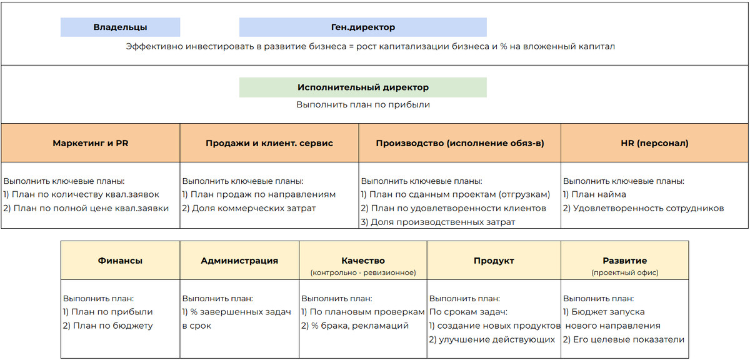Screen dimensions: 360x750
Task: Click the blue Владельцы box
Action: tap(120, 27)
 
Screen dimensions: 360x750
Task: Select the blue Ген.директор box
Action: tap(362, 27)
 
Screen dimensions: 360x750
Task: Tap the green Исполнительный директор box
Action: tap(362, 87)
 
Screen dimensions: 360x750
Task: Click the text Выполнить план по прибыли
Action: tap(362, 105)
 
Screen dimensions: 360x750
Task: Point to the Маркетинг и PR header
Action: tap(91, 143)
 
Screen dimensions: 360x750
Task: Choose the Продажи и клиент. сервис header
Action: tap(269, 143)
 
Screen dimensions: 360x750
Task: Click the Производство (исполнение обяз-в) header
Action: tap(460, 143)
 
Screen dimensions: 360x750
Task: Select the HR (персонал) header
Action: tap(654, 143)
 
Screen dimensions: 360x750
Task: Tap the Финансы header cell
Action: tap(120, 261)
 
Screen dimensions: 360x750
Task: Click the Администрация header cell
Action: tap(239, 261)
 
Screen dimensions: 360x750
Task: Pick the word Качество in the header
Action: tap(363, 260)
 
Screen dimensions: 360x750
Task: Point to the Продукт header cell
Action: tap(494, 261)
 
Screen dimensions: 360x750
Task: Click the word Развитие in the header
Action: tap(624, 260)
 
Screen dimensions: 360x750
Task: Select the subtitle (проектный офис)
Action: tap(624, 272)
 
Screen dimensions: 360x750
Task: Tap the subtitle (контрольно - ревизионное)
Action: tap(363, 272)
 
